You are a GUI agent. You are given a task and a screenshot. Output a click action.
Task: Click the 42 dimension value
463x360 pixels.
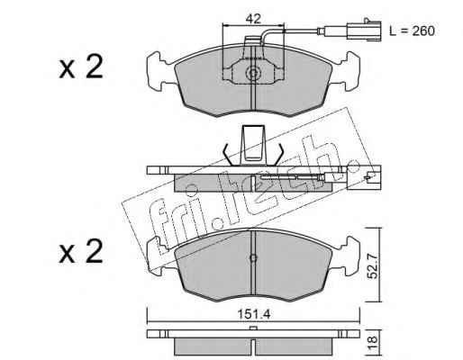pos(253,19)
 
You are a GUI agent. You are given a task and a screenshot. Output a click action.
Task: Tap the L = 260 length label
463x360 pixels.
pos(412,31)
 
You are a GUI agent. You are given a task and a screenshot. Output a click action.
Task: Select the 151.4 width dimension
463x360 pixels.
pos(254,314)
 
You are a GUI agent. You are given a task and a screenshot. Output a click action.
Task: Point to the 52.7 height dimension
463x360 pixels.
pos(373,265)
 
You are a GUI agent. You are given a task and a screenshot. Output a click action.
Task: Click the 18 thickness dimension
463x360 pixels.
pos(372,340)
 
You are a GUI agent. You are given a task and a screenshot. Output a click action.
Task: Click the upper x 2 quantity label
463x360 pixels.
pos(81,67)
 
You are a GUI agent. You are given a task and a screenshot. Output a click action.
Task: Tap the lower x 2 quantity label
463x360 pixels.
pos(81,251)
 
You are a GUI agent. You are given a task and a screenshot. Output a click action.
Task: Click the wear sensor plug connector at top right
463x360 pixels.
pos(364,30)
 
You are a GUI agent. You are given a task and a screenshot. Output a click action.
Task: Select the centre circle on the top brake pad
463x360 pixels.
pos(253,73)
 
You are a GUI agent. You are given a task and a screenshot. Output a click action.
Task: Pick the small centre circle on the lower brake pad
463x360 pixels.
pos(253,257)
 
